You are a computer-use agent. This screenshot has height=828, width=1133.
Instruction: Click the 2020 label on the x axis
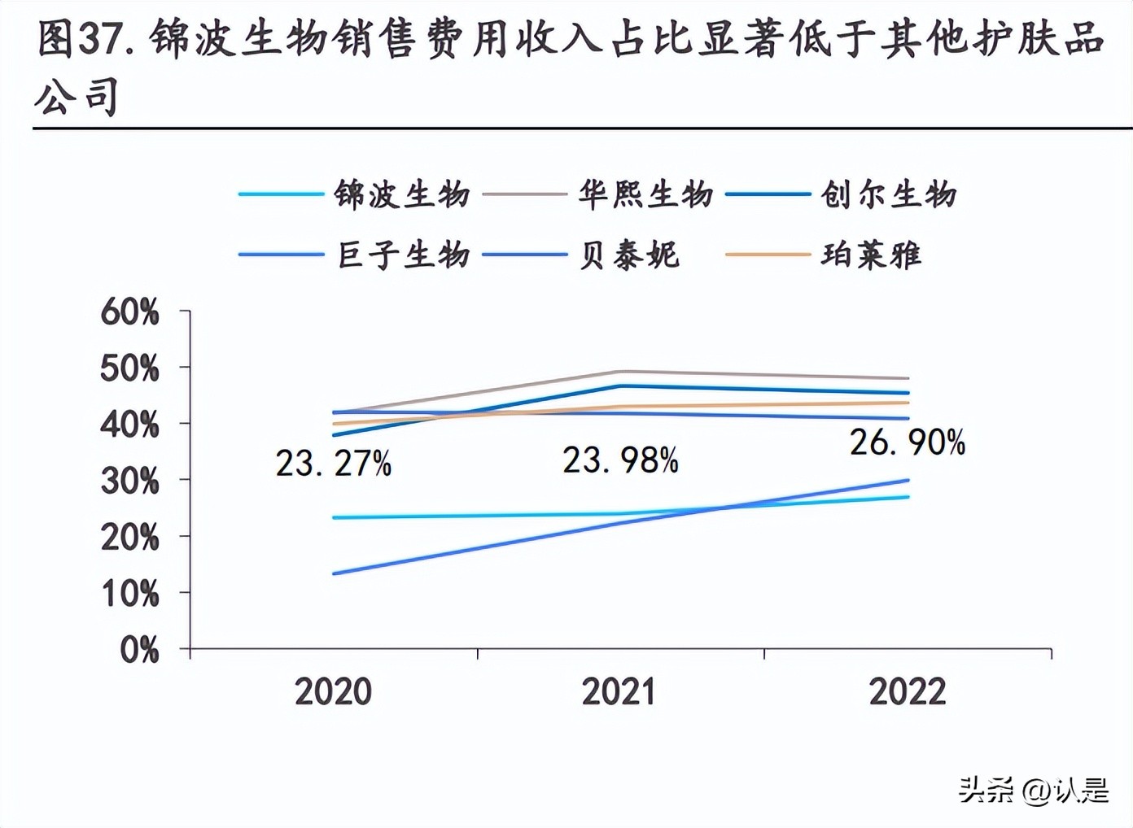[x=333, y=691]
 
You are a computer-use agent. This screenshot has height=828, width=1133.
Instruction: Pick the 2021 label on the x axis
[x=619, y=691]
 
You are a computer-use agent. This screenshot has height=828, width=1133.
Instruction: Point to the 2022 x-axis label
[x=908, y=691]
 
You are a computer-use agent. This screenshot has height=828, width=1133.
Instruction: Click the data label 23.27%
[x=334, y=464]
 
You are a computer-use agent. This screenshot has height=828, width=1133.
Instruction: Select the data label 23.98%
[x=620, y=460]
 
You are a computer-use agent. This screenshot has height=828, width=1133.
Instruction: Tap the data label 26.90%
[x=908, y=442]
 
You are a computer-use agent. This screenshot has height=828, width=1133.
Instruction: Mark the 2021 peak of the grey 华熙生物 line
[x=621, y=372]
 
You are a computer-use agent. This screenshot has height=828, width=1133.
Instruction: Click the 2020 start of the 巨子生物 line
[x=335, y=573]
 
